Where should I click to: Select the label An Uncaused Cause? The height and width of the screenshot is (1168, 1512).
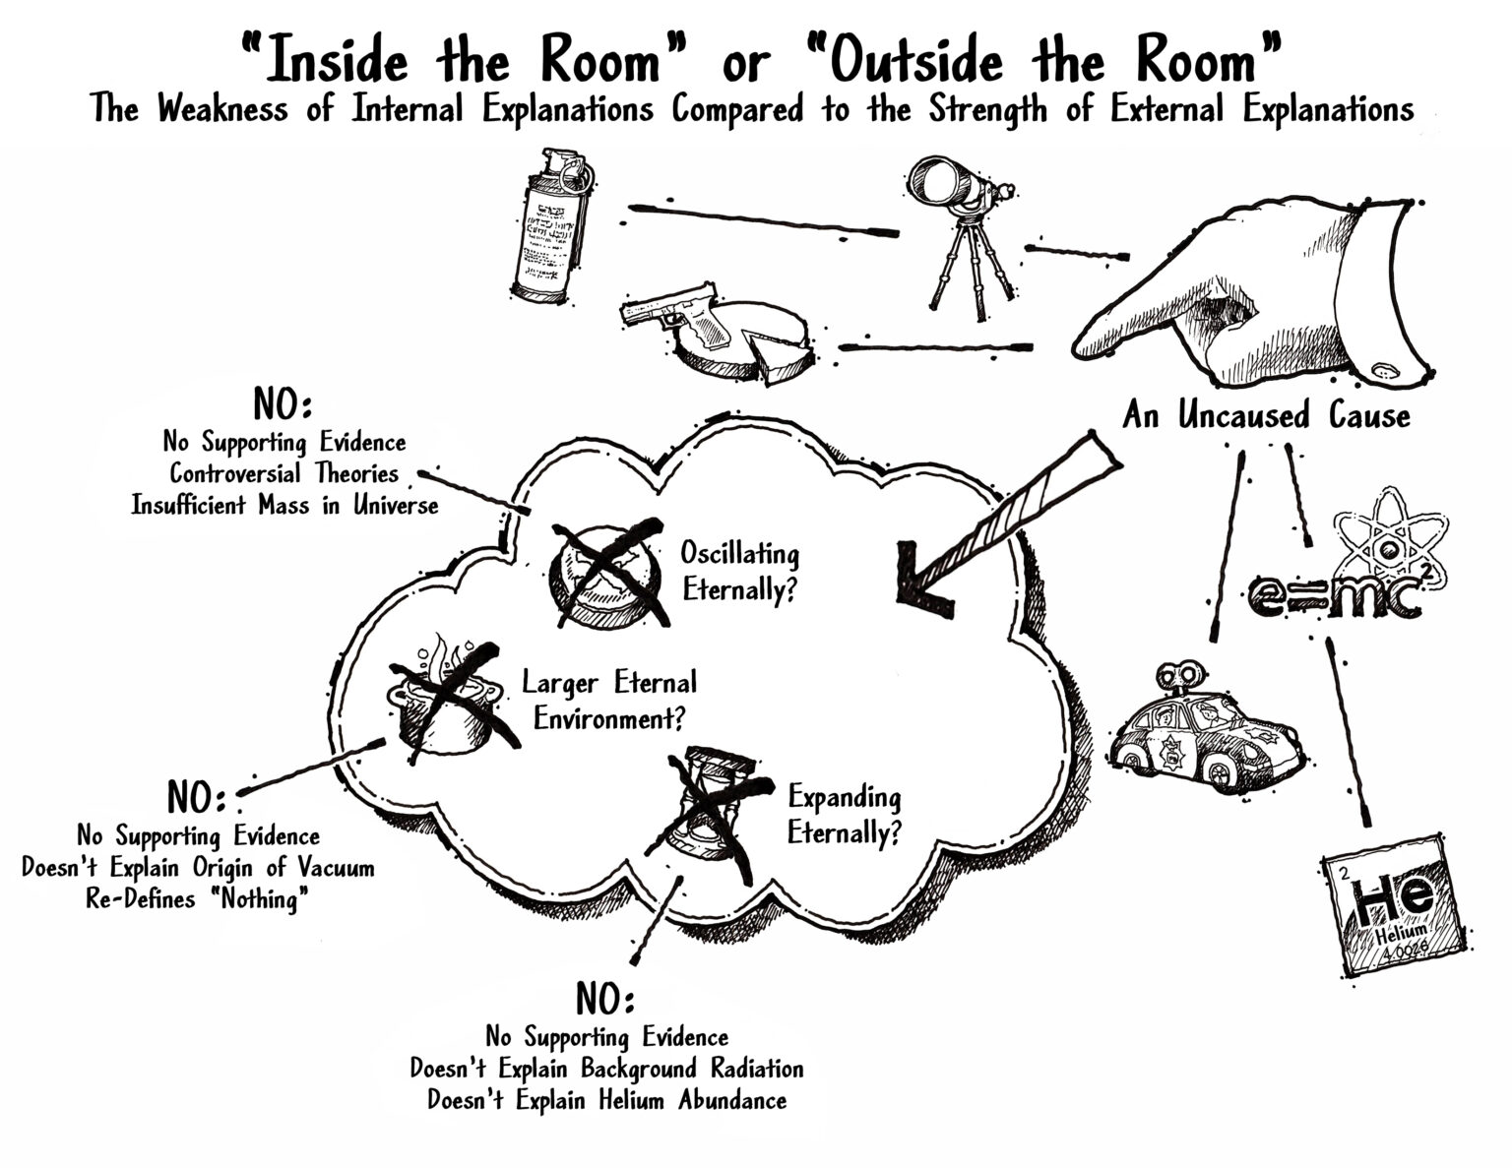pyautogui.click(x=1266, y=415)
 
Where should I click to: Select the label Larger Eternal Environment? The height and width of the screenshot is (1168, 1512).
pyautogui.click(x=609, y=700)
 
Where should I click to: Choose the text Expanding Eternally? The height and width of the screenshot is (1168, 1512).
pyautogui.click(x=845, y=815)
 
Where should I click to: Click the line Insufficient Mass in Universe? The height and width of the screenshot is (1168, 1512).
pyautogui.click(x=284, y=505)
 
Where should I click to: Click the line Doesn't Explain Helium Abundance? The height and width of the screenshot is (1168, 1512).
pyautogui.click(x=606, y=1099)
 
